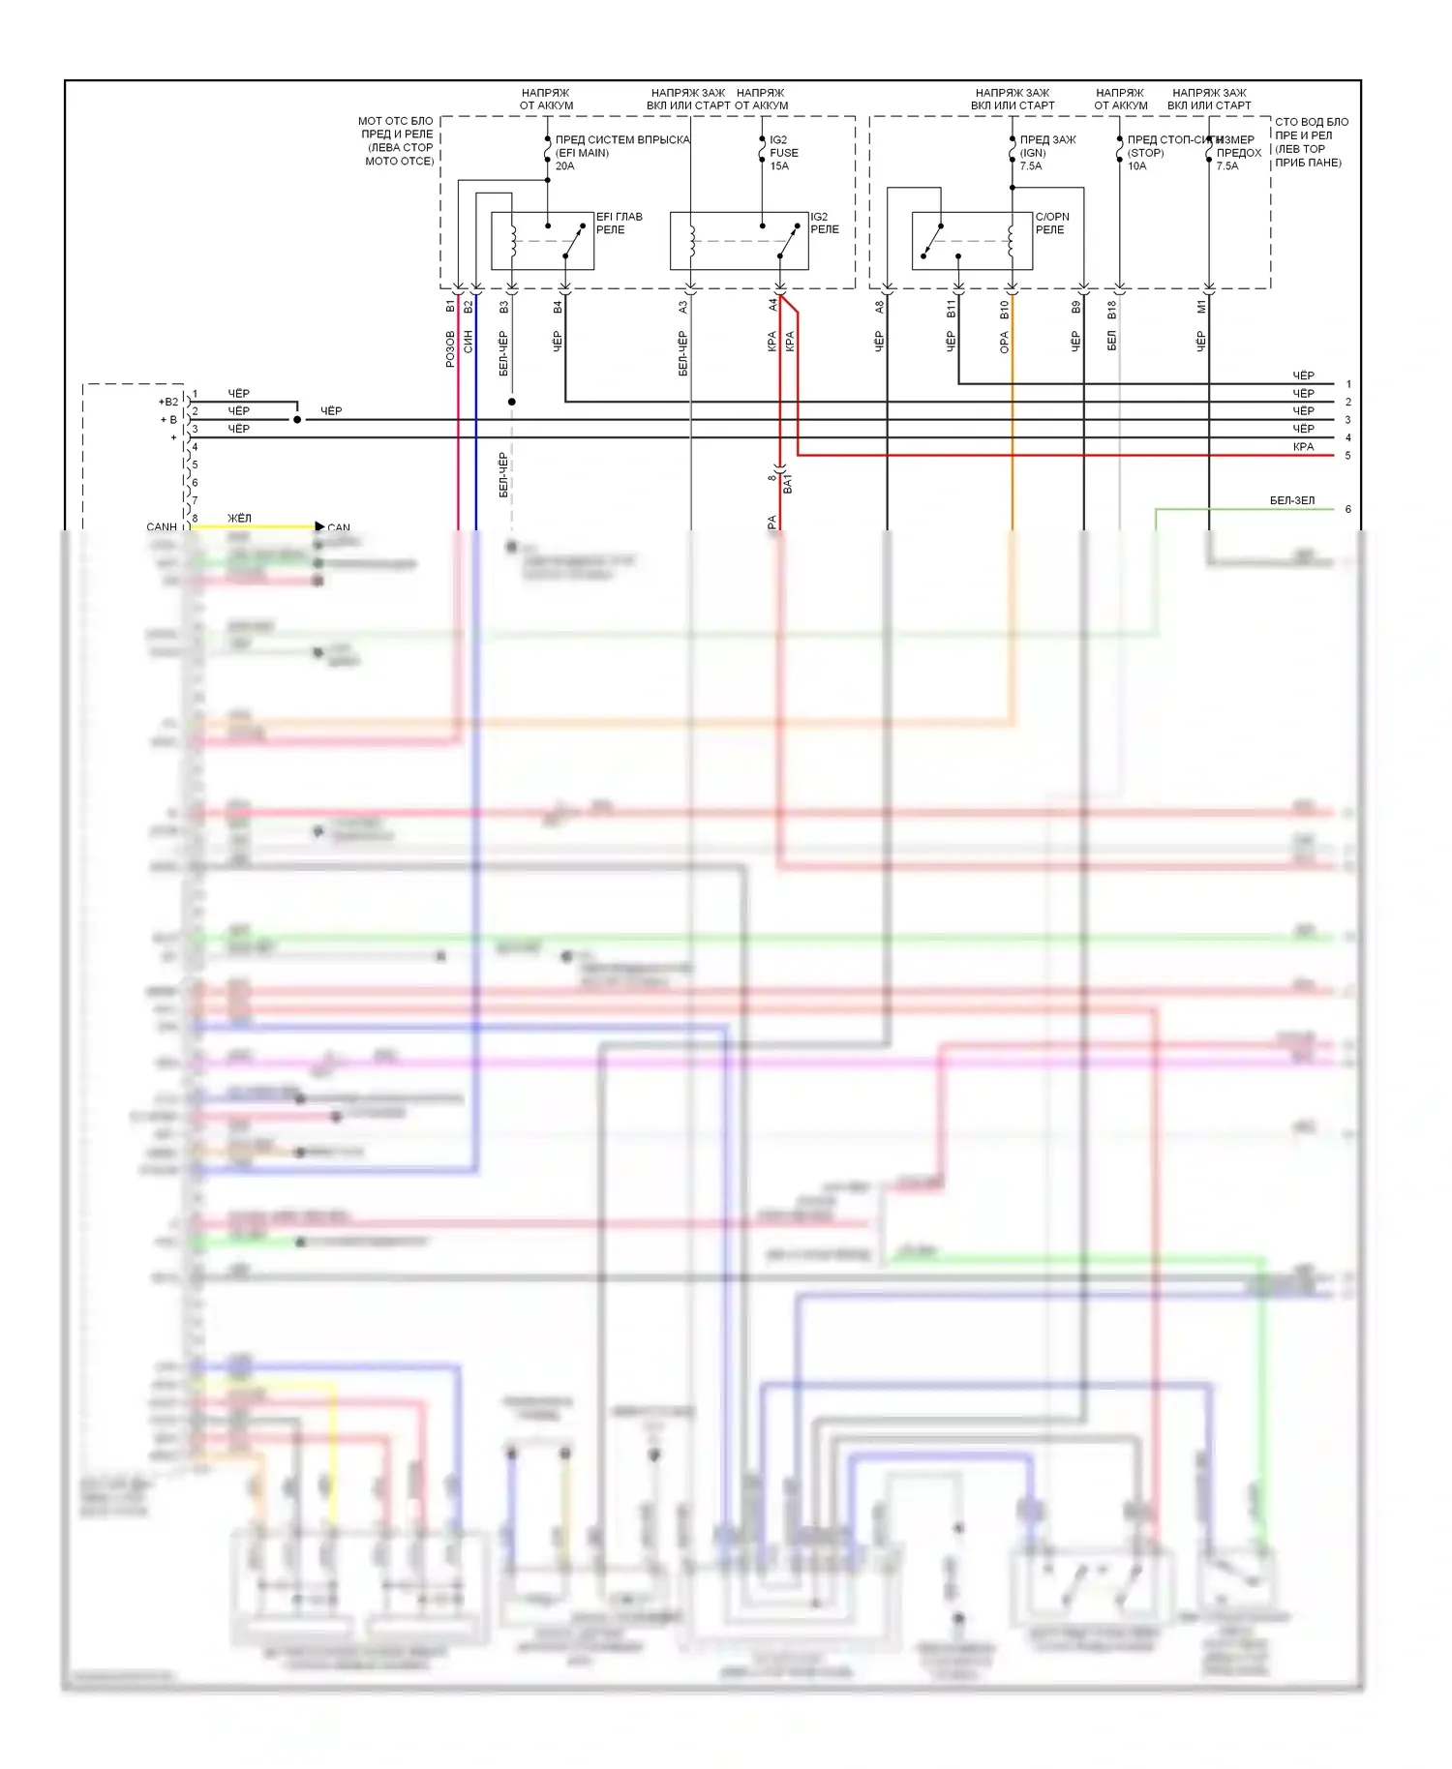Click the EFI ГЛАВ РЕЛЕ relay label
pos(619,224)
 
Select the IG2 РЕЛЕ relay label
pos(824,224)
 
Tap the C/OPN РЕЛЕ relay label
pos(1051,224)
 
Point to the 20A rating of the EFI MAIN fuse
pos(564,166)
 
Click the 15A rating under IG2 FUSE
pos(779,166)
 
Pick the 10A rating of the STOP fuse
pos(1136,166)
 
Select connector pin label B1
pos(450,307)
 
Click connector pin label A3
pos(682,307)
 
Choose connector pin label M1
pos(1201,307)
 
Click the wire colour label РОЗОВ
pos(450,349)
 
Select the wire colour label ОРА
pos(1004,343)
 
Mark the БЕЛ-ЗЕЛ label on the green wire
pos(1291,501)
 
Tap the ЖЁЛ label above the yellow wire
pos(239,519)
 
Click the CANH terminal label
pos(162,527)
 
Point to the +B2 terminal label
pos(168,402)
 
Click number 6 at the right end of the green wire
pos(1347,509)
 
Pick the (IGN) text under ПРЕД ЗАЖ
pos(1033,153)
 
